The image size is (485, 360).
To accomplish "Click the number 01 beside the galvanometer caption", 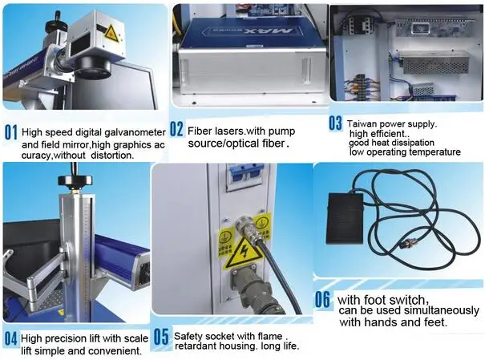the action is point(11,132).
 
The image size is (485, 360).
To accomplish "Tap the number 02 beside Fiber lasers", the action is point(176,129).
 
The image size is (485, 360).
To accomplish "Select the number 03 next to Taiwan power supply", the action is point(335,123).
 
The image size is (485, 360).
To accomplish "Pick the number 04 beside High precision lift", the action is point(11,338).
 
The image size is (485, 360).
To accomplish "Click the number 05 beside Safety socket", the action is point(161,337).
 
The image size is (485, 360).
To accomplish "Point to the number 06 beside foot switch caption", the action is point(322,299).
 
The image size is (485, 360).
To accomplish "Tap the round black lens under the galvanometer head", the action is point(92,67).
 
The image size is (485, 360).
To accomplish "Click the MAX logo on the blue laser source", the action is point(269,30).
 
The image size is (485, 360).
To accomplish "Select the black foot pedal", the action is point(346,218).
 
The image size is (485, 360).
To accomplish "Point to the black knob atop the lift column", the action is point(75,180).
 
